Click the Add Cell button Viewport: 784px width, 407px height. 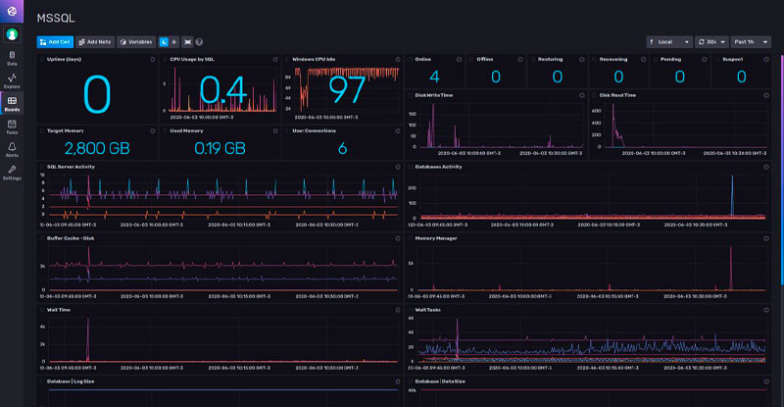55,42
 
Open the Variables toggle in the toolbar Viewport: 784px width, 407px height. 135,42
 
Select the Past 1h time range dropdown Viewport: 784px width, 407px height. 750,42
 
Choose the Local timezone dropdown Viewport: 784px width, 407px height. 669,42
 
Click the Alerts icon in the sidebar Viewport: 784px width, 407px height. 12,147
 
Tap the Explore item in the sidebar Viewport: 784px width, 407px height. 12,80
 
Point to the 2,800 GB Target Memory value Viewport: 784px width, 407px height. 96,148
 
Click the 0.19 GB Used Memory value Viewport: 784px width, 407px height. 220,148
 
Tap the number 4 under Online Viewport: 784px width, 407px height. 434,76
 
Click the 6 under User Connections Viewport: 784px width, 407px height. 342,148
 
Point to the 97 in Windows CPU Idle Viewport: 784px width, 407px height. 347,89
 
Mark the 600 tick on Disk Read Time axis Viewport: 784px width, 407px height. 593,111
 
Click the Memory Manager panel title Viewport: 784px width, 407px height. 437,237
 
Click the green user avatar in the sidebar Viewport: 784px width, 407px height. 12,33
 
